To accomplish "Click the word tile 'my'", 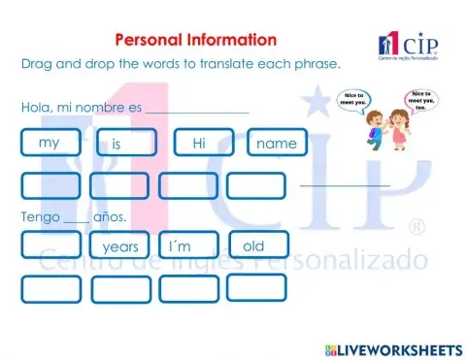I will coord(50,143).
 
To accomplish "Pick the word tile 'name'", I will coord(277,144).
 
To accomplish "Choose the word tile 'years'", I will coord(120,246).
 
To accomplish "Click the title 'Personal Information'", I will coord(195,40).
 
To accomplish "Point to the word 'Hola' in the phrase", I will coord(37,107).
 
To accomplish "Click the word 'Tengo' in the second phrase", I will coord(40,215).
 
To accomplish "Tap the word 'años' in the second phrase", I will coord(110,215).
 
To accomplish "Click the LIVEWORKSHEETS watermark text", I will coord(401,347).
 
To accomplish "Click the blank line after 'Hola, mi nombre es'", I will coord(196,109).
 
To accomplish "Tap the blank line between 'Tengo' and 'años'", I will coord(76,218).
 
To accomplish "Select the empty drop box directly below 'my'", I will coord(50,184).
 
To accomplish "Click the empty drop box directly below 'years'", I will coord(120,288).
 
